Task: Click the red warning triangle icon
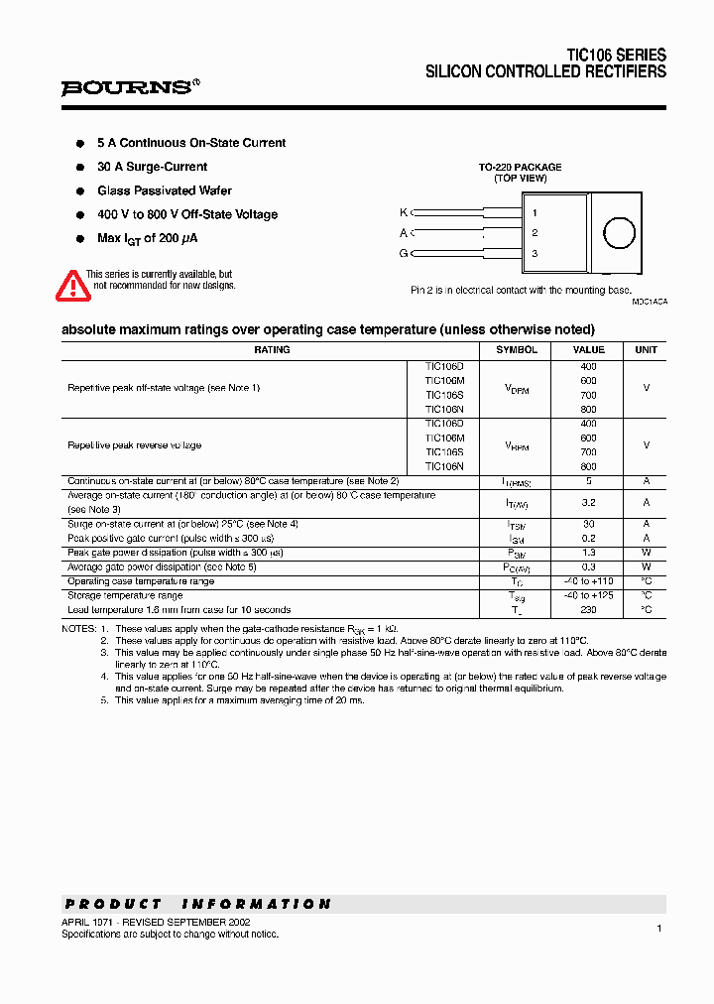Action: point(72,286)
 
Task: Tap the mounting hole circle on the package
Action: point(619,233)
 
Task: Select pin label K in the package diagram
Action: point(403,212)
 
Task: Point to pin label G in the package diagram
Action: point(403,254)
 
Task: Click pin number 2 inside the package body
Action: point(535,233)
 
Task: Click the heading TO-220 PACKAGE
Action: point(520,168)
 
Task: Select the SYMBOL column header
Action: point(517,350)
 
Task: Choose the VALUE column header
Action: point(588,350)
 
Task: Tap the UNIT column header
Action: point(646,350)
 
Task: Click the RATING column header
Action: point(272,350)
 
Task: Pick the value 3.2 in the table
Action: point(588,503)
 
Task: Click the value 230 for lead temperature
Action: point(588,610)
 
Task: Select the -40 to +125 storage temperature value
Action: point(588,595)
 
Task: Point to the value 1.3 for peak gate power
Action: point(588,553)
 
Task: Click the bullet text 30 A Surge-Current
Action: point(152,167)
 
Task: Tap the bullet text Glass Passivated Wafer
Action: point(165,190)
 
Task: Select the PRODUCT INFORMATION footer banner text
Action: point(198,904)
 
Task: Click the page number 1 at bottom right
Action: point(658,928)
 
